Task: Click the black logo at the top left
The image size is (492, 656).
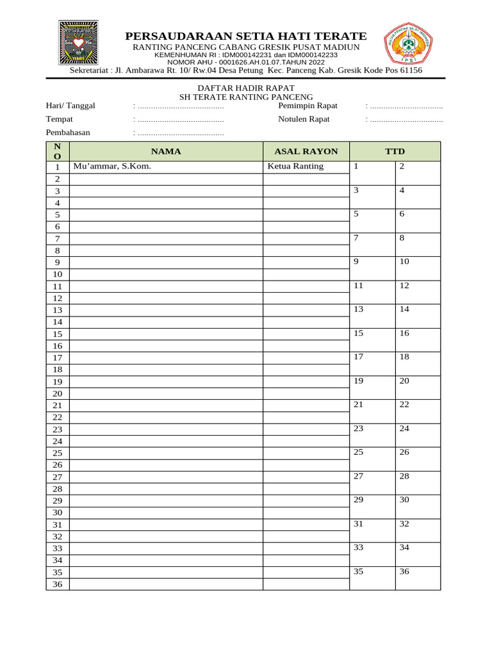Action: (x=78, y=42)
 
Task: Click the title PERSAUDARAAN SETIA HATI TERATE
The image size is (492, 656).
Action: (x=246, y=36)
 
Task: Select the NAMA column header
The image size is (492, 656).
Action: (x=166, y=152)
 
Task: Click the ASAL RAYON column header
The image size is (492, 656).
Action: (x=306, y=152)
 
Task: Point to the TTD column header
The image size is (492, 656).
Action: (x=395, y=152)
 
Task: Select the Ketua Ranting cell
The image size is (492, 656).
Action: (x=295, y=167)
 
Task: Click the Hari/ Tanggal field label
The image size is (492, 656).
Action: (x=70, y=106)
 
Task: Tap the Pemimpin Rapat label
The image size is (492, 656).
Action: (x=307, y=106)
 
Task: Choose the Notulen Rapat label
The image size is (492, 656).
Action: (x=304, y=119)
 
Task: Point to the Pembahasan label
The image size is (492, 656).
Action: (x=68, y=133)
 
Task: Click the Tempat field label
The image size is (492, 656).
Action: (x=60, y=119)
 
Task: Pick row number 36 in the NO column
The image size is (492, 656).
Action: (x=58, y=584)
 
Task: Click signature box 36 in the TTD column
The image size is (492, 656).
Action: (x=417, y=578)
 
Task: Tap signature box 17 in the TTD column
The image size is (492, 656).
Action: (x=372, y=363)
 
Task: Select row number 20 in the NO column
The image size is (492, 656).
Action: (x=58, y=393)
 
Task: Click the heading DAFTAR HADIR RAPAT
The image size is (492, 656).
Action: (x=246, y=88)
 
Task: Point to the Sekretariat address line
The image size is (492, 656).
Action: (x=246, y=70)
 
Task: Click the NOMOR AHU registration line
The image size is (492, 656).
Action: (x=246, y=62)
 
